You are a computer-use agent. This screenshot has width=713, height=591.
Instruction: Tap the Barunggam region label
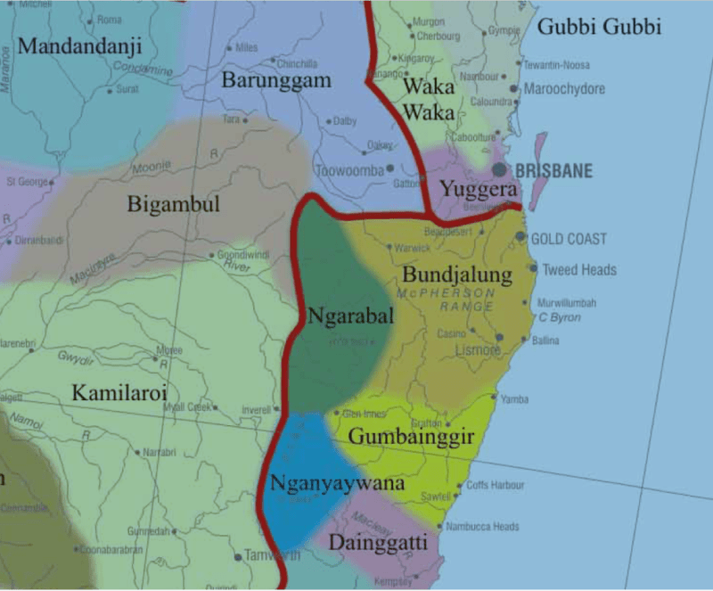(x=275, y=81)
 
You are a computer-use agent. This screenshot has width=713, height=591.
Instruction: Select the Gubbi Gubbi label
(x=600, y=27)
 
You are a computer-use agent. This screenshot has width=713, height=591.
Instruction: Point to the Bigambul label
(x=173, y=204)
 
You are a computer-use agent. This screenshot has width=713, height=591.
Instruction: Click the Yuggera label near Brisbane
(x=478, y=190)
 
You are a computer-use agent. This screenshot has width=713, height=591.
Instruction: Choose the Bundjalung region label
(x=457, y=273)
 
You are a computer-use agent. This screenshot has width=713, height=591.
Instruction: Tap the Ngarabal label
(x=351, y=316)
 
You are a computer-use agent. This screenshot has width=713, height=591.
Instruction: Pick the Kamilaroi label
(x=120, y=392)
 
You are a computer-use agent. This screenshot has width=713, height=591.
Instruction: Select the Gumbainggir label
(x=410, y=436)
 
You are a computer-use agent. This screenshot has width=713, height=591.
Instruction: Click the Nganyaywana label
(x=338, y=483)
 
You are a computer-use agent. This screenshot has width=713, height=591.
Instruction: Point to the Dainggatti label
(x=378, y=542)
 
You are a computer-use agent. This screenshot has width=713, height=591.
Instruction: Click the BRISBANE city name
(x=553, y=171)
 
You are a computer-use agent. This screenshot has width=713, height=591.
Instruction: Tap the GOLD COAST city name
(x=569, y=239)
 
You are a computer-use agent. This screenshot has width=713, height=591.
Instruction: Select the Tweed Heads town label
(x=579, y=269)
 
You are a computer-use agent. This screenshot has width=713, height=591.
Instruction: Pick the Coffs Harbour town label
(x=496, y=486)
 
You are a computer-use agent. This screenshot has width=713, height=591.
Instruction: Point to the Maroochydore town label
(x=564, y=89)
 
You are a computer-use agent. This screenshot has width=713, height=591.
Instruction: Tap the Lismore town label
(x=478, y=350)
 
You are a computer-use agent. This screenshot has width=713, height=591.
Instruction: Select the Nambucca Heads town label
(x=482, y=526)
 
